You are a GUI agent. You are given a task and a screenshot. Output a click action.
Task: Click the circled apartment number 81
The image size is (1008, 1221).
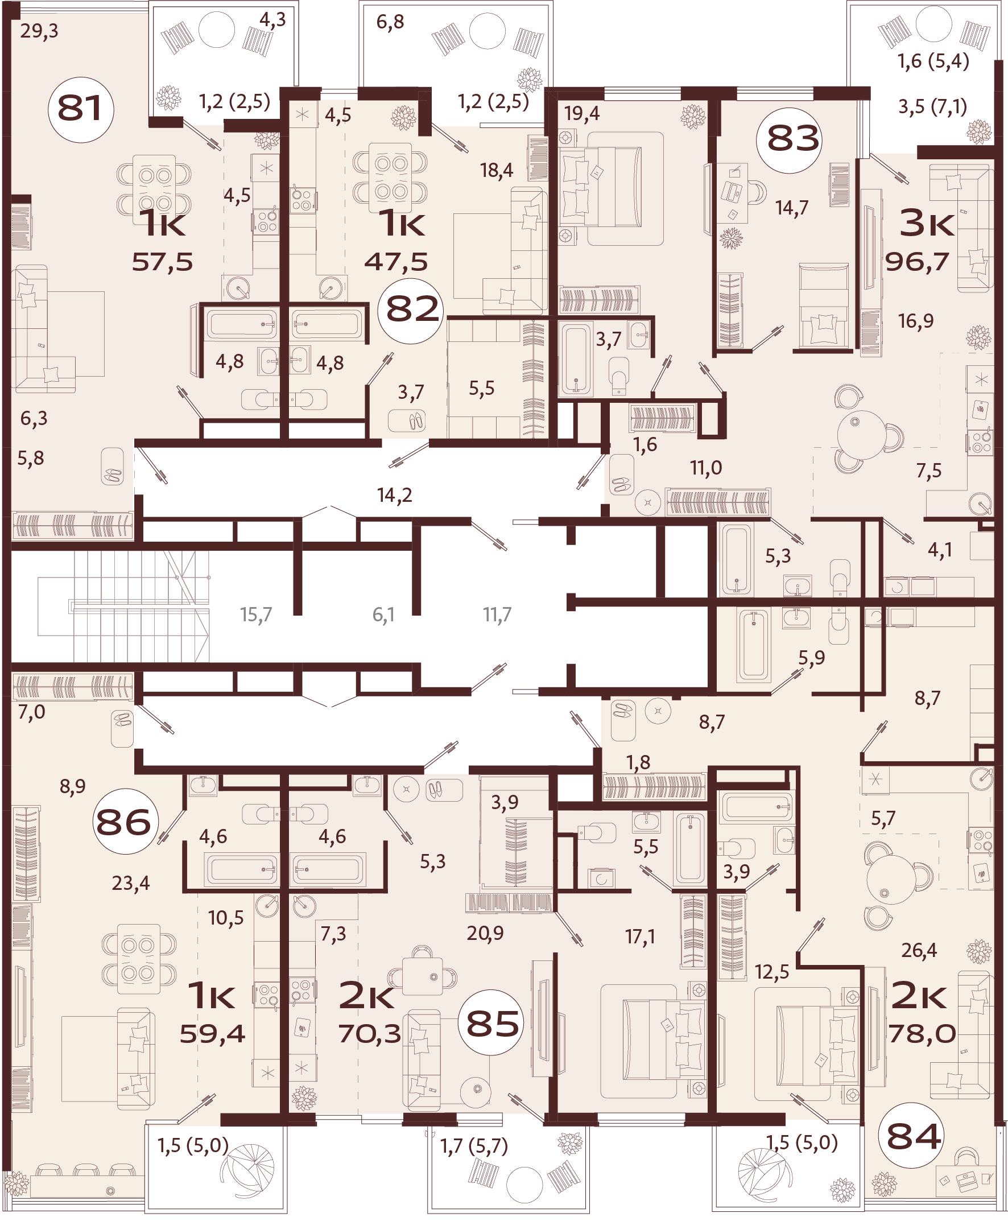tap(81, 109)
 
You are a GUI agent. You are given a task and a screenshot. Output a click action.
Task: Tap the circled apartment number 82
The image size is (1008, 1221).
tap(411, 310)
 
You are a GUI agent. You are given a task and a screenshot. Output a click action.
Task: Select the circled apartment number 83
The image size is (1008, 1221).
tap(792, 139)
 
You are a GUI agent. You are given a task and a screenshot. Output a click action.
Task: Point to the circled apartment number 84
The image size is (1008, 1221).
tap(914, 1136)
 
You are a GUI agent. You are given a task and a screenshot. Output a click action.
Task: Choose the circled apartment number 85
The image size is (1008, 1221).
tap(492, 1024)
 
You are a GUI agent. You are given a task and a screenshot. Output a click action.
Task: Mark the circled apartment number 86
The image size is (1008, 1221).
tap(123, 822)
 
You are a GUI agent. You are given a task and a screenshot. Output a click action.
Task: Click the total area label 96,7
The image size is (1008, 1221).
tap(917, 262)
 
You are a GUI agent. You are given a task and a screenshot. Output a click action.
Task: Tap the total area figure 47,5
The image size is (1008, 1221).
tap(396, 262)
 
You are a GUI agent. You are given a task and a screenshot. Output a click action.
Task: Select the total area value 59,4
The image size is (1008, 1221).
tap(213, 1034)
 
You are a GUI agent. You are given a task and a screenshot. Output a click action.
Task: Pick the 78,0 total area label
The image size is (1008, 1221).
tap(922, 1034)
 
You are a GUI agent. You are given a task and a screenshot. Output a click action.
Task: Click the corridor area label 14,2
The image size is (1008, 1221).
tap(395, 495)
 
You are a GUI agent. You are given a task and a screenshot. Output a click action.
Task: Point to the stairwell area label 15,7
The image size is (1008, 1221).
tap(256, 614)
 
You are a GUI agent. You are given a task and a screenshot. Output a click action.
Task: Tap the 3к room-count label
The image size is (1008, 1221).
tap(927, 224)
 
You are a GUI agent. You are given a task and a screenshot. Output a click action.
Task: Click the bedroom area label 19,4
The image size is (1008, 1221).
tap(582, 114)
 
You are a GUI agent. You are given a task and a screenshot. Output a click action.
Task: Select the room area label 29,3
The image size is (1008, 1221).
tap(39, 31)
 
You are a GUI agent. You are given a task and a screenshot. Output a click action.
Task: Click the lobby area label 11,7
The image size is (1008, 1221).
tap(497, 614)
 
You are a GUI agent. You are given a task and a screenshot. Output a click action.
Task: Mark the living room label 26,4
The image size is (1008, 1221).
tap(919, 950)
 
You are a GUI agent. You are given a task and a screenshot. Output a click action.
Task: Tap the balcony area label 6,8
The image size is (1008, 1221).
tap(390, 22)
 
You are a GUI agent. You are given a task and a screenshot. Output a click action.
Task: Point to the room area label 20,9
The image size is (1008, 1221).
tap(485, 933)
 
